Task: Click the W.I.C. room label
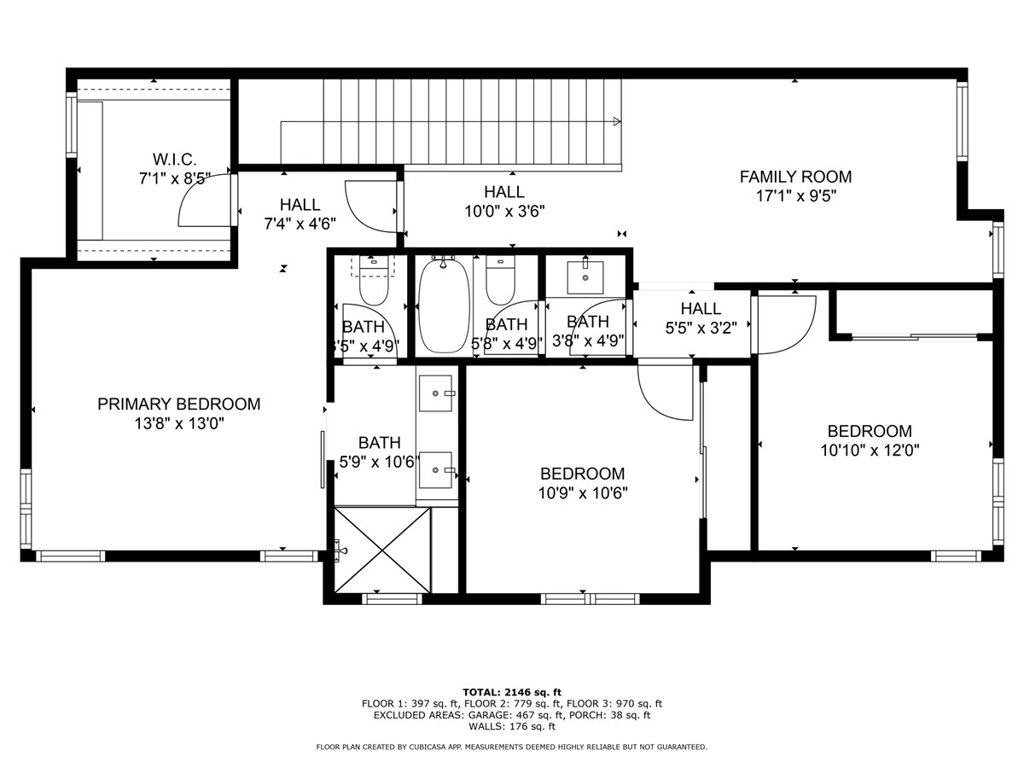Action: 174,159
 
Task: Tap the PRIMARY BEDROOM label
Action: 179,404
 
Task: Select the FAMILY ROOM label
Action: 795,176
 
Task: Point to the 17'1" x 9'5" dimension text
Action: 796,196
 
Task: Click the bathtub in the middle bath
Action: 443,304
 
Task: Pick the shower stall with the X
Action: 383,550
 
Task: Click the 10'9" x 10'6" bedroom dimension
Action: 583,493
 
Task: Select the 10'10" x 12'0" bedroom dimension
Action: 870,450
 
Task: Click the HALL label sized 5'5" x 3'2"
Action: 701,308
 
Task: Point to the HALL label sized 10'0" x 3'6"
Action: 504,191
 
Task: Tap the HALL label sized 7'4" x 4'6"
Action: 300,204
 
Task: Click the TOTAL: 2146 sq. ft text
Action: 512,692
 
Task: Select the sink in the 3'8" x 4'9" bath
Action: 584,276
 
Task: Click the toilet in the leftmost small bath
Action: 374,281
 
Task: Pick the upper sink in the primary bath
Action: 437,393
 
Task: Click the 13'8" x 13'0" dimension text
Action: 180,424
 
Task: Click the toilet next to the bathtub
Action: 500,281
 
